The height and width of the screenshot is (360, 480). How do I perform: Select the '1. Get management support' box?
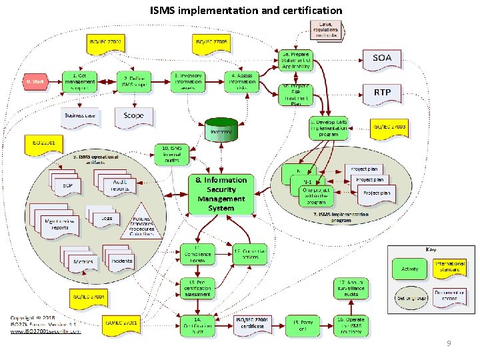point(79,82)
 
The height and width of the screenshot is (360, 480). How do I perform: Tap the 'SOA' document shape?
point(382,59)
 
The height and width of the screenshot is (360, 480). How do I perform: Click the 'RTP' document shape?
point(382,93)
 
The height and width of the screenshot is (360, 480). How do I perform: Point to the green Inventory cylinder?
point(221,131)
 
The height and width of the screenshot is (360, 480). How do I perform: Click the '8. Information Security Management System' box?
point(221,194)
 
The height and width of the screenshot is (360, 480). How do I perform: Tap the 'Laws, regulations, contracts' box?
point(326,29)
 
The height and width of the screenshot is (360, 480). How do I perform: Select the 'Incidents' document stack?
point(121,261)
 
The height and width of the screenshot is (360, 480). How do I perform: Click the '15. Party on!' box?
point(302,325)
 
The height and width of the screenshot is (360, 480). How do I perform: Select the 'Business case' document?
point(80,116)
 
